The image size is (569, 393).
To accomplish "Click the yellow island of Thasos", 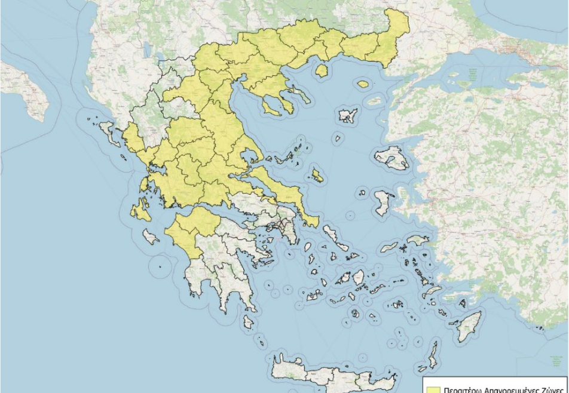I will pos(322,71).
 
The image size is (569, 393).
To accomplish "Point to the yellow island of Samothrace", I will pos(362,84).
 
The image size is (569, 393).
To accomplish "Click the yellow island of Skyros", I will pos(317,176).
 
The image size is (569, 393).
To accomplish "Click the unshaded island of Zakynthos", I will pos(151,237).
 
